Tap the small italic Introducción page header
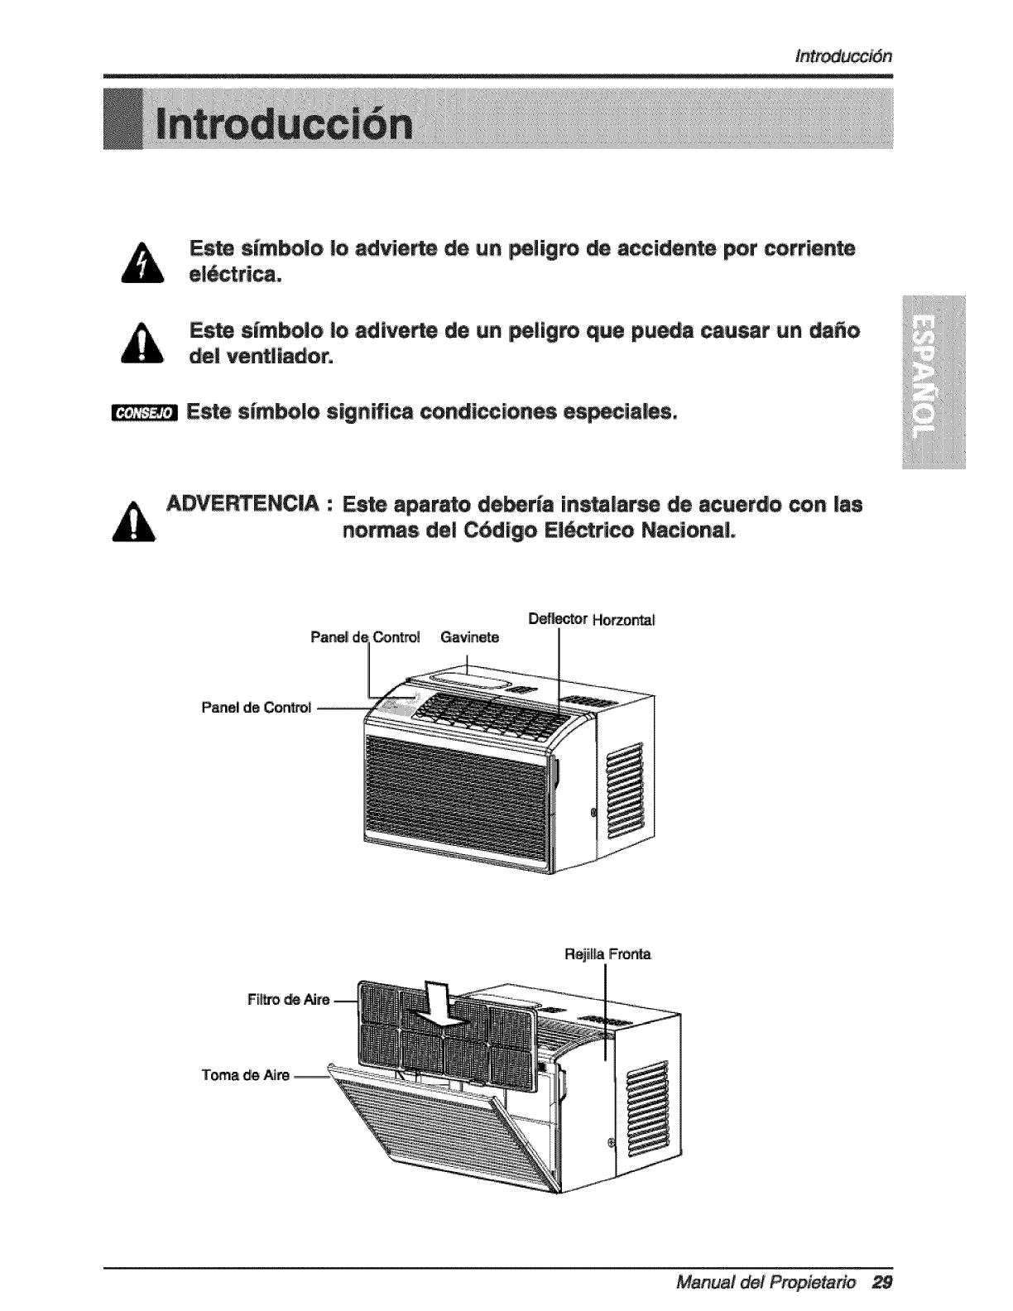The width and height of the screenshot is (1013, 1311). pyautogui.click(x=842, y=56)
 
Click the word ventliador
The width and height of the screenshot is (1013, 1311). pyautogui.click(x=280, y=358)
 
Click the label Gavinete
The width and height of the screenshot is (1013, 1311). pyautogui.click(x=469, y=637)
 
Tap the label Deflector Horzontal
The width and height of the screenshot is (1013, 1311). pyautogui.click(x=591, y=620)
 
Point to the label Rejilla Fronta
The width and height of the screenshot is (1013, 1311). pyautogui.click(x=607, y=954)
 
